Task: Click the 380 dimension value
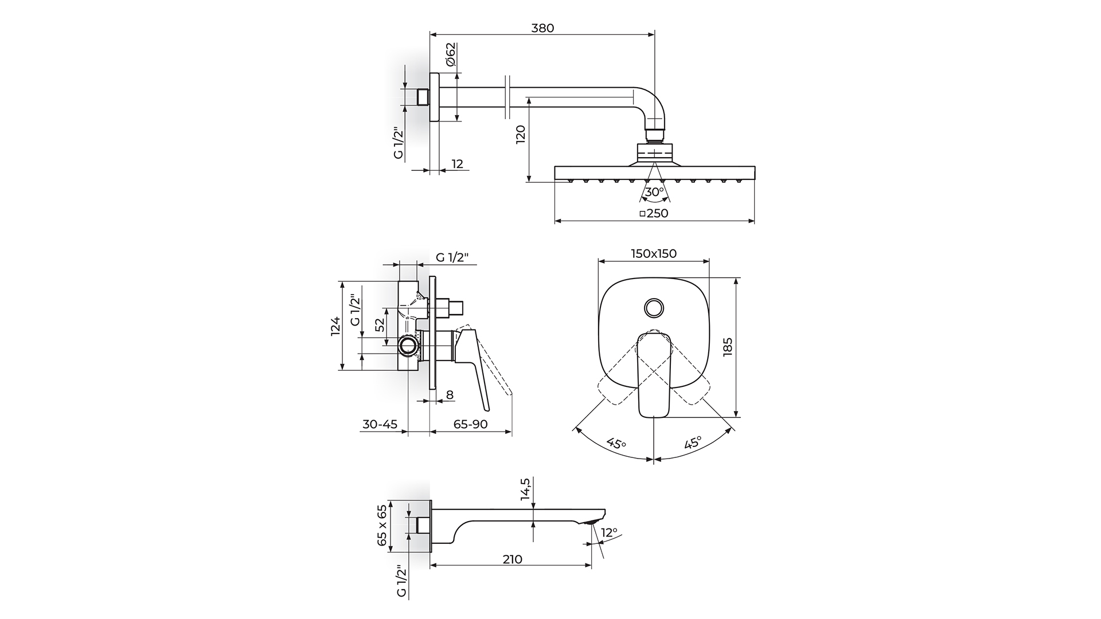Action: (542, 28)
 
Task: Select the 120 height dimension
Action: (521, 135)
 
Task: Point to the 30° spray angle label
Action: (654, 192)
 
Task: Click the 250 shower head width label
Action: (654, 213)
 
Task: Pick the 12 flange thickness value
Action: (457, 164)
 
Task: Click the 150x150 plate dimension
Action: (654, 253)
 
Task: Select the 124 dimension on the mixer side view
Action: (335, 326)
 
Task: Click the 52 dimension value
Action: (379, 325)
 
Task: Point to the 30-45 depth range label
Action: (380, 425)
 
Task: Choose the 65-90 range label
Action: (470, 425)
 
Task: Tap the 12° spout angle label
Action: (609, 532)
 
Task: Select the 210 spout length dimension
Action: (512, 559)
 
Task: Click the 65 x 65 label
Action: (382, 526)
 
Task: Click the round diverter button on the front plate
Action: (654, 308)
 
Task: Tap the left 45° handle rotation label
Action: (616, 444)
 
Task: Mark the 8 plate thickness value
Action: (450, 394)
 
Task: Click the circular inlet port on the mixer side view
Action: (408, 346)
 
